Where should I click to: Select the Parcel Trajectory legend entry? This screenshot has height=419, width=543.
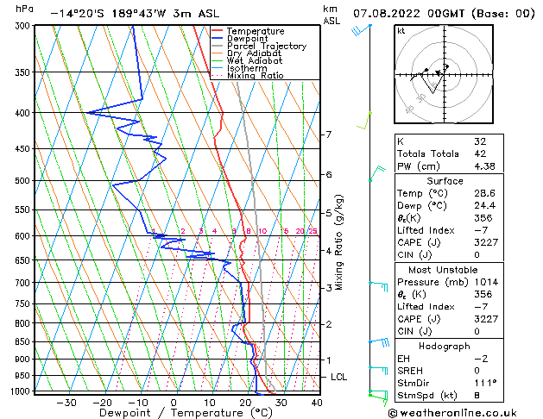[x=266, y=47]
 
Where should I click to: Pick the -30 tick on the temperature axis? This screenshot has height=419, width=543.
[x=66, y=402]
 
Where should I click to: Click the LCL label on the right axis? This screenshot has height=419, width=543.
[x=340, y=377]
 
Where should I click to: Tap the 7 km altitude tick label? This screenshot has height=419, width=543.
[x=328, y=134]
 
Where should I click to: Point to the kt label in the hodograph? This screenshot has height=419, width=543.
[x=401, y=30]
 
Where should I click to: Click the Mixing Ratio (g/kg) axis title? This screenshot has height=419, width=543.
[x=339, y=241]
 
